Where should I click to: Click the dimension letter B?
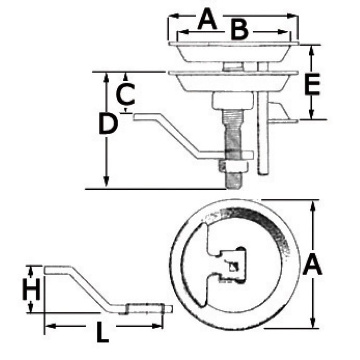point(240,30)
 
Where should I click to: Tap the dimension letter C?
point(125,94)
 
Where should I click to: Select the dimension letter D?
point(108,124)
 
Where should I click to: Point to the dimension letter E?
point(312,84)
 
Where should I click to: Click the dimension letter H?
point(31,289)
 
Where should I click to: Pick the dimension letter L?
point(102,332)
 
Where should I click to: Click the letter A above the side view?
point(207,19)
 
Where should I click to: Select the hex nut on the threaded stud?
point(233,166)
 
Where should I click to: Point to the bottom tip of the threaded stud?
point(233,188)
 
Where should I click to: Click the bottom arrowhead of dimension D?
point(106,182)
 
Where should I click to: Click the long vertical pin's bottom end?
point(263,174)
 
